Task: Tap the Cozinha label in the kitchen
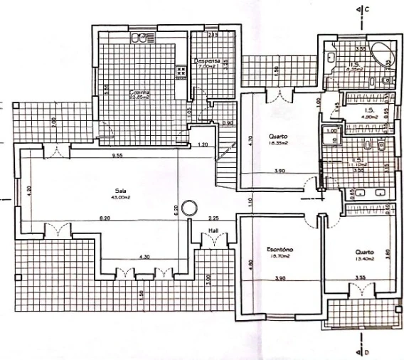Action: pos(139,93)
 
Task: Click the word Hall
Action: pos(213,231)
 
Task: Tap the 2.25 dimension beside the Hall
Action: pos(213,218)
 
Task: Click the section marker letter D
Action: pos(368,351)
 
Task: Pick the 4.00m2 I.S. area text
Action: pos(369,118)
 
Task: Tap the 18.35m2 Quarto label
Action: pos(277,142)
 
